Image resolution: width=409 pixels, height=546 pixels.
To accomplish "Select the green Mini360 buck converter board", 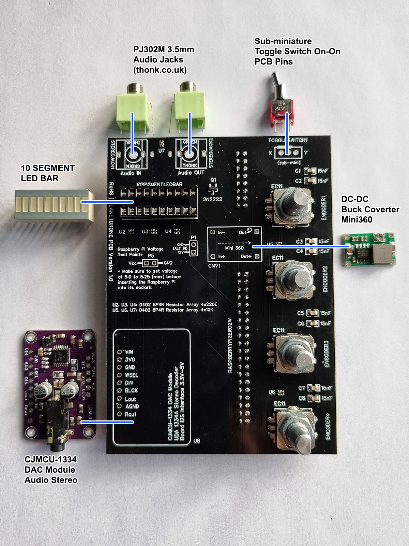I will pyautogui.click(x=369, y=249).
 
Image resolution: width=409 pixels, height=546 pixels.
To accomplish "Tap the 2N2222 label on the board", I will pyautogui.click(x=213, y=199).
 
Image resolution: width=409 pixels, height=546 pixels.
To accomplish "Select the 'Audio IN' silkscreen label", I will pyautogui.click(x=131, y=173).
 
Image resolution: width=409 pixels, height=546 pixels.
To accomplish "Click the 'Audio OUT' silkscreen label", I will pyautogui.click(x=191, y=173).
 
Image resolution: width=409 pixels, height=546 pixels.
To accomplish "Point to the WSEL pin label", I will pyautogui.click(x=131, y=375).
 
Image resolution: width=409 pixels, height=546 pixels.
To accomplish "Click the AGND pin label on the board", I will pyautogui.click(x=132, y=406).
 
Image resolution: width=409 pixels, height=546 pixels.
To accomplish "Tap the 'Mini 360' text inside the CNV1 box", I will pyautogui.click(x=234, y=248).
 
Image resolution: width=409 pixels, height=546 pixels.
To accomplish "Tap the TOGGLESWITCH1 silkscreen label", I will pyautogui.click(x=288, y=140).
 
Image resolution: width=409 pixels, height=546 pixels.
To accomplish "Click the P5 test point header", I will pyautogui.click(x=150, y=263).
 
